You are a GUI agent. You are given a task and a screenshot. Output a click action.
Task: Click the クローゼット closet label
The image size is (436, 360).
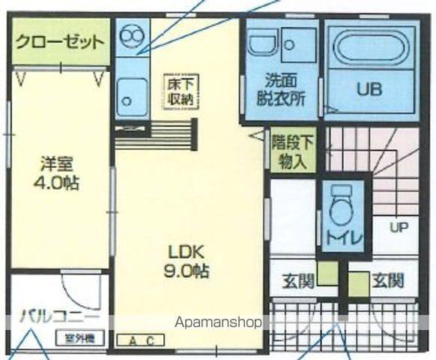[x=59, y=42]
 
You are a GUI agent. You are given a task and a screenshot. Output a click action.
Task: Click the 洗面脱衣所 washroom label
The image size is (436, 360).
[x=281, y=88]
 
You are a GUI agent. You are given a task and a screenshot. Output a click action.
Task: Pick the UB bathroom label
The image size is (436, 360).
[x=368, y=89]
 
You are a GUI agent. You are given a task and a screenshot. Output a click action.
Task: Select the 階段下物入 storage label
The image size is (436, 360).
[x=288, y=151]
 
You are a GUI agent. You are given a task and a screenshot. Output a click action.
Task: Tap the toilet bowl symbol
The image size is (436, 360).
[x=342, y=210]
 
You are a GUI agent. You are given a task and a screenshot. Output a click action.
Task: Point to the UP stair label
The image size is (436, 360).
[x=398, y=226]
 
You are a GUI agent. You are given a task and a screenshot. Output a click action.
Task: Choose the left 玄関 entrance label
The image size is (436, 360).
[x=297, y=281]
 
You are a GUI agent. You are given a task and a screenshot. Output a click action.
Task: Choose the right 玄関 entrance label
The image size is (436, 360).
[x=388, y=281]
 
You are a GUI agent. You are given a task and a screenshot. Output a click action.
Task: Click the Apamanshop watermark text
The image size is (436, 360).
[x=218, y=323]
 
